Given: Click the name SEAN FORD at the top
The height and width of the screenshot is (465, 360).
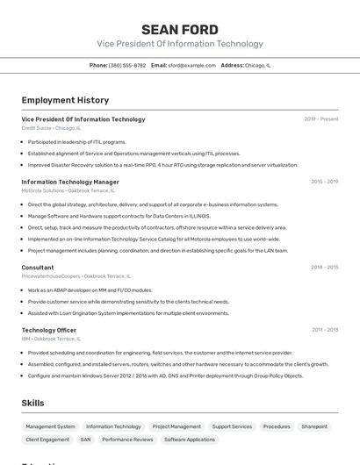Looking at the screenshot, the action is (179, 30).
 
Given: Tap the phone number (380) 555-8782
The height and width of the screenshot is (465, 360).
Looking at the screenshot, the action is (127, 65).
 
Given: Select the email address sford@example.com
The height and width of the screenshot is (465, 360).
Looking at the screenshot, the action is (192, 65).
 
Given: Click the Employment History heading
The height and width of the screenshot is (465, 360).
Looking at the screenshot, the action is (65, 100).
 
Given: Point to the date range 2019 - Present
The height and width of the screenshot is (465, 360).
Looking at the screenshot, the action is (321, 119).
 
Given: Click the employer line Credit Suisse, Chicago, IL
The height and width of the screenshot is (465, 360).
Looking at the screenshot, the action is (51, 128).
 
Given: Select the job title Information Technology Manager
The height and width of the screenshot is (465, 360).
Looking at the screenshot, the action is (70, 182).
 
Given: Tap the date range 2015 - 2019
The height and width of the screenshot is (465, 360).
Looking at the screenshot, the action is (324, 182).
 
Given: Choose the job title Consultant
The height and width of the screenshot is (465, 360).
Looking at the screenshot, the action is (38, 267).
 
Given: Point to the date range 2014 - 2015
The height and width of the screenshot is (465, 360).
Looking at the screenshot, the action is (324, 267).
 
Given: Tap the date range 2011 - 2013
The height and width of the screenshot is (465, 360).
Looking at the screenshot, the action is (325, 330).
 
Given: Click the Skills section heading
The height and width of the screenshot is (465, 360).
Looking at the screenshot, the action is (33, 403).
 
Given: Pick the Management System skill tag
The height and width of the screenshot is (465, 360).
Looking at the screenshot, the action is (50, 426).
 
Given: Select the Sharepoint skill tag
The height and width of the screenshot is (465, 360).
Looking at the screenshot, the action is (313, 426).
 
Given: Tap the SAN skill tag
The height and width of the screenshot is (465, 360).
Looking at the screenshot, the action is (85, 439).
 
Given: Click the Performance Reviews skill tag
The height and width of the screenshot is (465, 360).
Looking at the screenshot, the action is (126, 439).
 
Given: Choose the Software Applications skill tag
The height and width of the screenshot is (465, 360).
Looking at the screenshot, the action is (189, 439).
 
